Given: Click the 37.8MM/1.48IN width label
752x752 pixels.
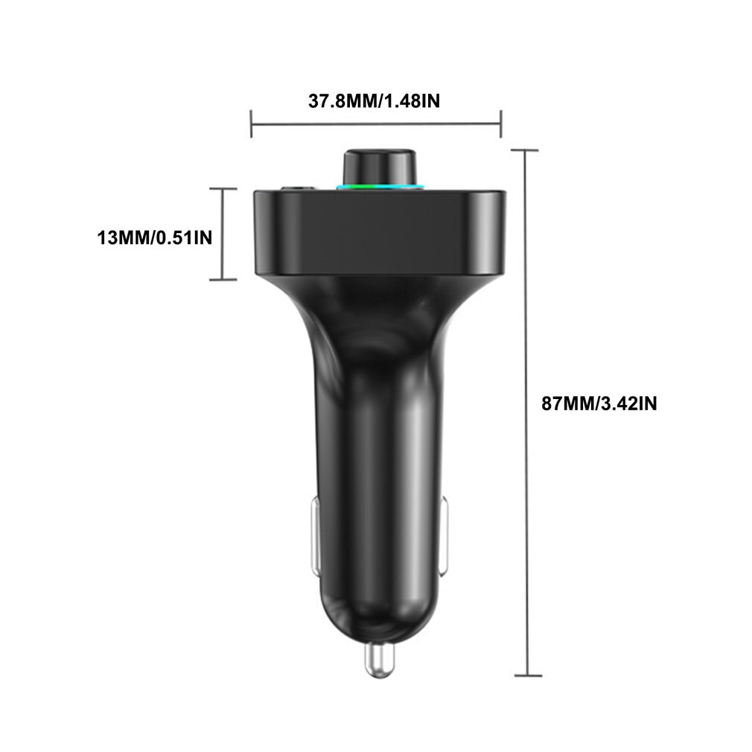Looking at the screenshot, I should tap(374, 101).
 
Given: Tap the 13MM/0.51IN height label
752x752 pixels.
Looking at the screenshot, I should tap(155, 238).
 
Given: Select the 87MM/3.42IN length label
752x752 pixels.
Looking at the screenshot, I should tap(599, 404).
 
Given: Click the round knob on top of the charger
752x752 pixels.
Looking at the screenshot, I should tap(379, 163).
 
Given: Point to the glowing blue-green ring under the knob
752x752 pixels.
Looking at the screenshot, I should tap(380, 185).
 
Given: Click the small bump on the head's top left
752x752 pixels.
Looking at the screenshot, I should tap(296, 187).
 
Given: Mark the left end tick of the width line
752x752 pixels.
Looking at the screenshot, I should tap(252, 124).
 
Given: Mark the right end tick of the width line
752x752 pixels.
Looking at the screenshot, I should tap(501, 124).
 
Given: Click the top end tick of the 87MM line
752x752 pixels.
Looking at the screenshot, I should tap(526, 150).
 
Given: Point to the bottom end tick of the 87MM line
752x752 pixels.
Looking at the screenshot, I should tap(528, 675).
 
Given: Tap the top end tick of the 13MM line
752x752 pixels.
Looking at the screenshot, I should tap(223, 189).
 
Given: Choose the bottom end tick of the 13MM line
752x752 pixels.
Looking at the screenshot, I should tap(223, 279).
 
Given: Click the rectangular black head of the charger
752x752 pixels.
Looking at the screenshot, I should tap(379, 231).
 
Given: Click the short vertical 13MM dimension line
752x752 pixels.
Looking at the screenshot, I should tap(223, 235).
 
